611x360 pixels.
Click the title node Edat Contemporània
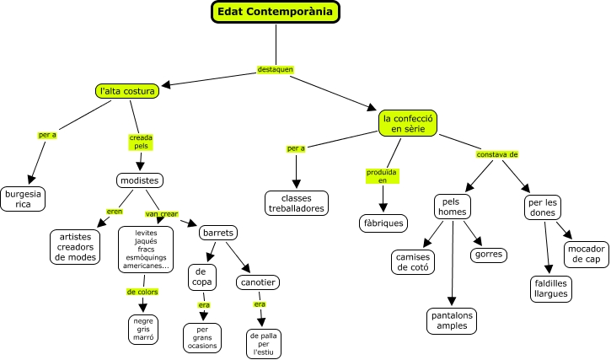275,12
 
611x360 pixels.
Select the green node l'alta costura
126,90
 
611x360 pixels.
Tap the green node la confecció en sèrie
408,123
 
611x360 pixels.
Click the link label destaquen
276,69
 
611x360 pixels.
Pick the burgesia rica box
23,198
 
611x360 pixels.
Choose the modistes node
139,180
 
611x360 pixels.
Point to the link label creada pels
141,141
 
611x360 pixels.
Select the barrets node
217,233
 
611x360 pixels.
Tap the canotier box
258,282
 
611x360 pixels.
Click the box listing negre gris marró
143,329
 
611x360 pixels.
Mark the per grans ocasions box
202,337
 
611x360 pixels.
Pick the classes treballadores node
296,202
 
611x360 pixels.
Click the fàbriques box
383,223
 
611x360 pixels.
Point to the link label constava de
497,154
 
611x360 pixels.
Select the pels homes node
452,207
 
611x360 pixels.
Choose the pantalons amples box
452,320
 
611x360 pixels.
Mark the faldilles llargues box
551,288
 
